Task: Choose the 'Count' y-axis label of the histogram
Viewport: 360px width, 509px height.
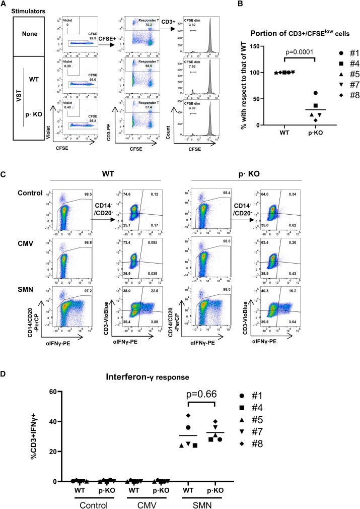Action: click(175, 124)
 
